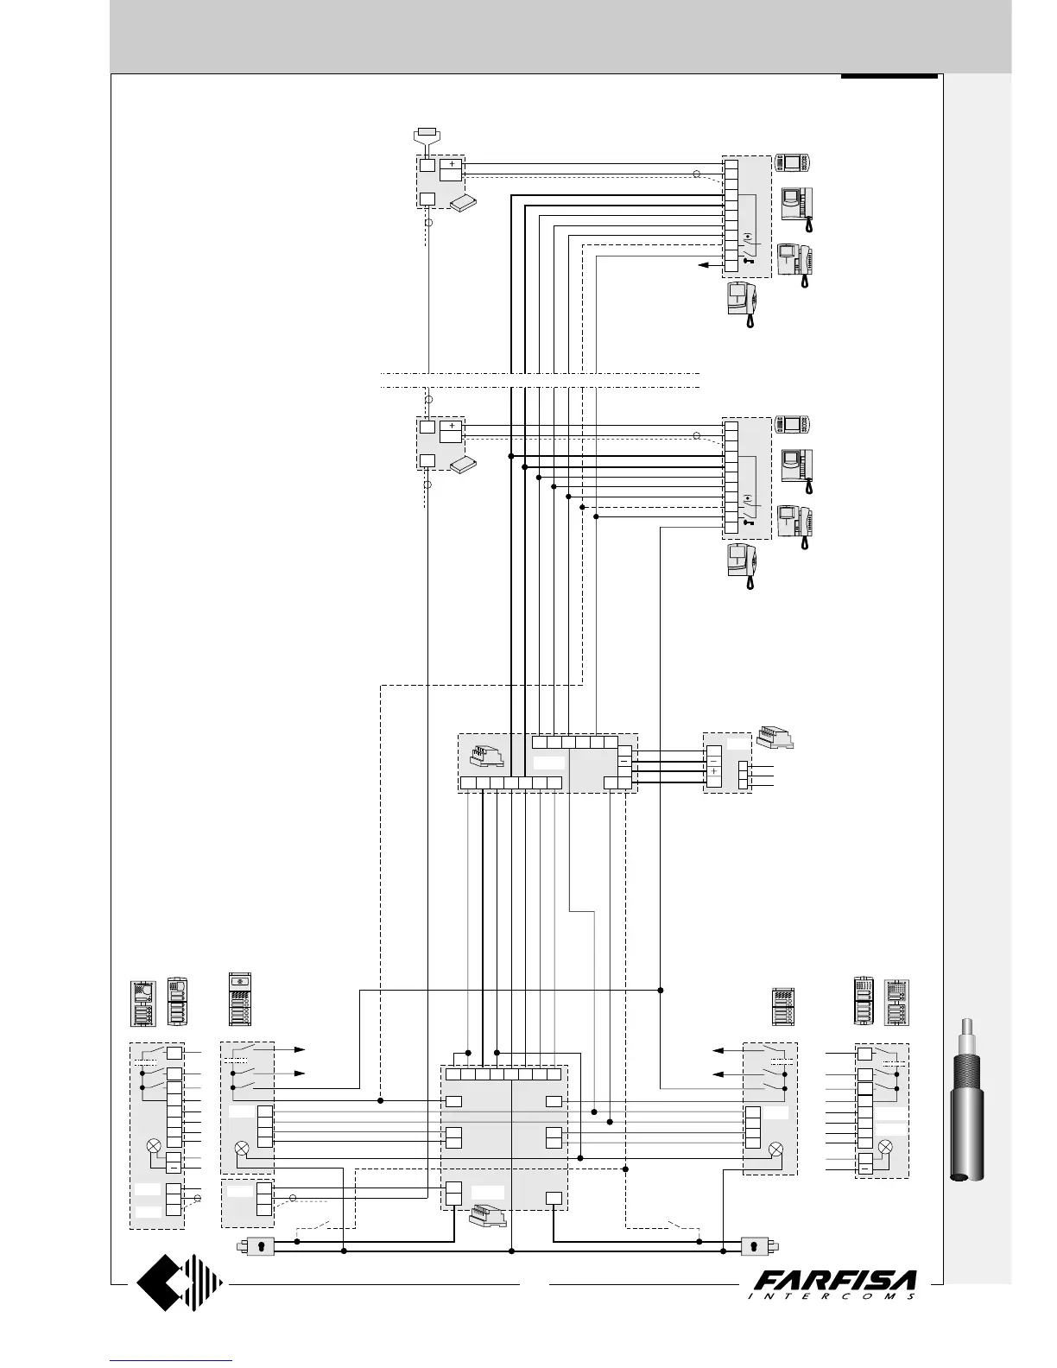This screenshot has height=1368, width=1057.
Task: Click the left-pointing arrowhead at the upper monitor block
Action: coord(703,264)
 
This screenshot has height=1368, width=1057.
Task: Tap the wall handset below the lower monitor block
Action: coord(742,566)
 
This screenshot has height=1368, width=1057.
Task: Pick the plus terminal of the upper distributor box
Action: coord(452,163)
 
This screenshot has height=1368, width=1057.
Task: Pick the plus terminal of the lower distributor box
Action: coord(452,425)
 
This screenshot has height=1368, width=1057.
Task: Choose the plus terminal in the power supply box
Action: coord(714,771)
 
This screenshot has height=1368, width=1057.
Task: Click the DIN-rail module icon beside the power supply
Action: coord(775,738)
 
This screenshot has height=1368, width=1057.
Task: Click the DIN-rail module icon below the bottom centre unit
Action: coord(486,1217)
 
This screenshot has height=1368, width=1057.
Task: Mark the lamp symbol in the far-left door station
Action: coord(154,1145)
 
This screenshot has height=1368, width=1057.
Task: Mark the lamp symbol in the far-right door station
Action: coord(885,1147)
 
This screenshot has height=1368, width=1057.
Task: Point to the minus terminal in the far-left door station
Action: coord(174,1167)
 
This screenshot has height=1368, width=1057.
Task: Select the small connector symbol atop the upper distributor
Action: coord(427,133)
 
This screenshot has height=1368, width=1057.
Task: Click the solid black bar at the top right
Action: coord(889,77)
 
